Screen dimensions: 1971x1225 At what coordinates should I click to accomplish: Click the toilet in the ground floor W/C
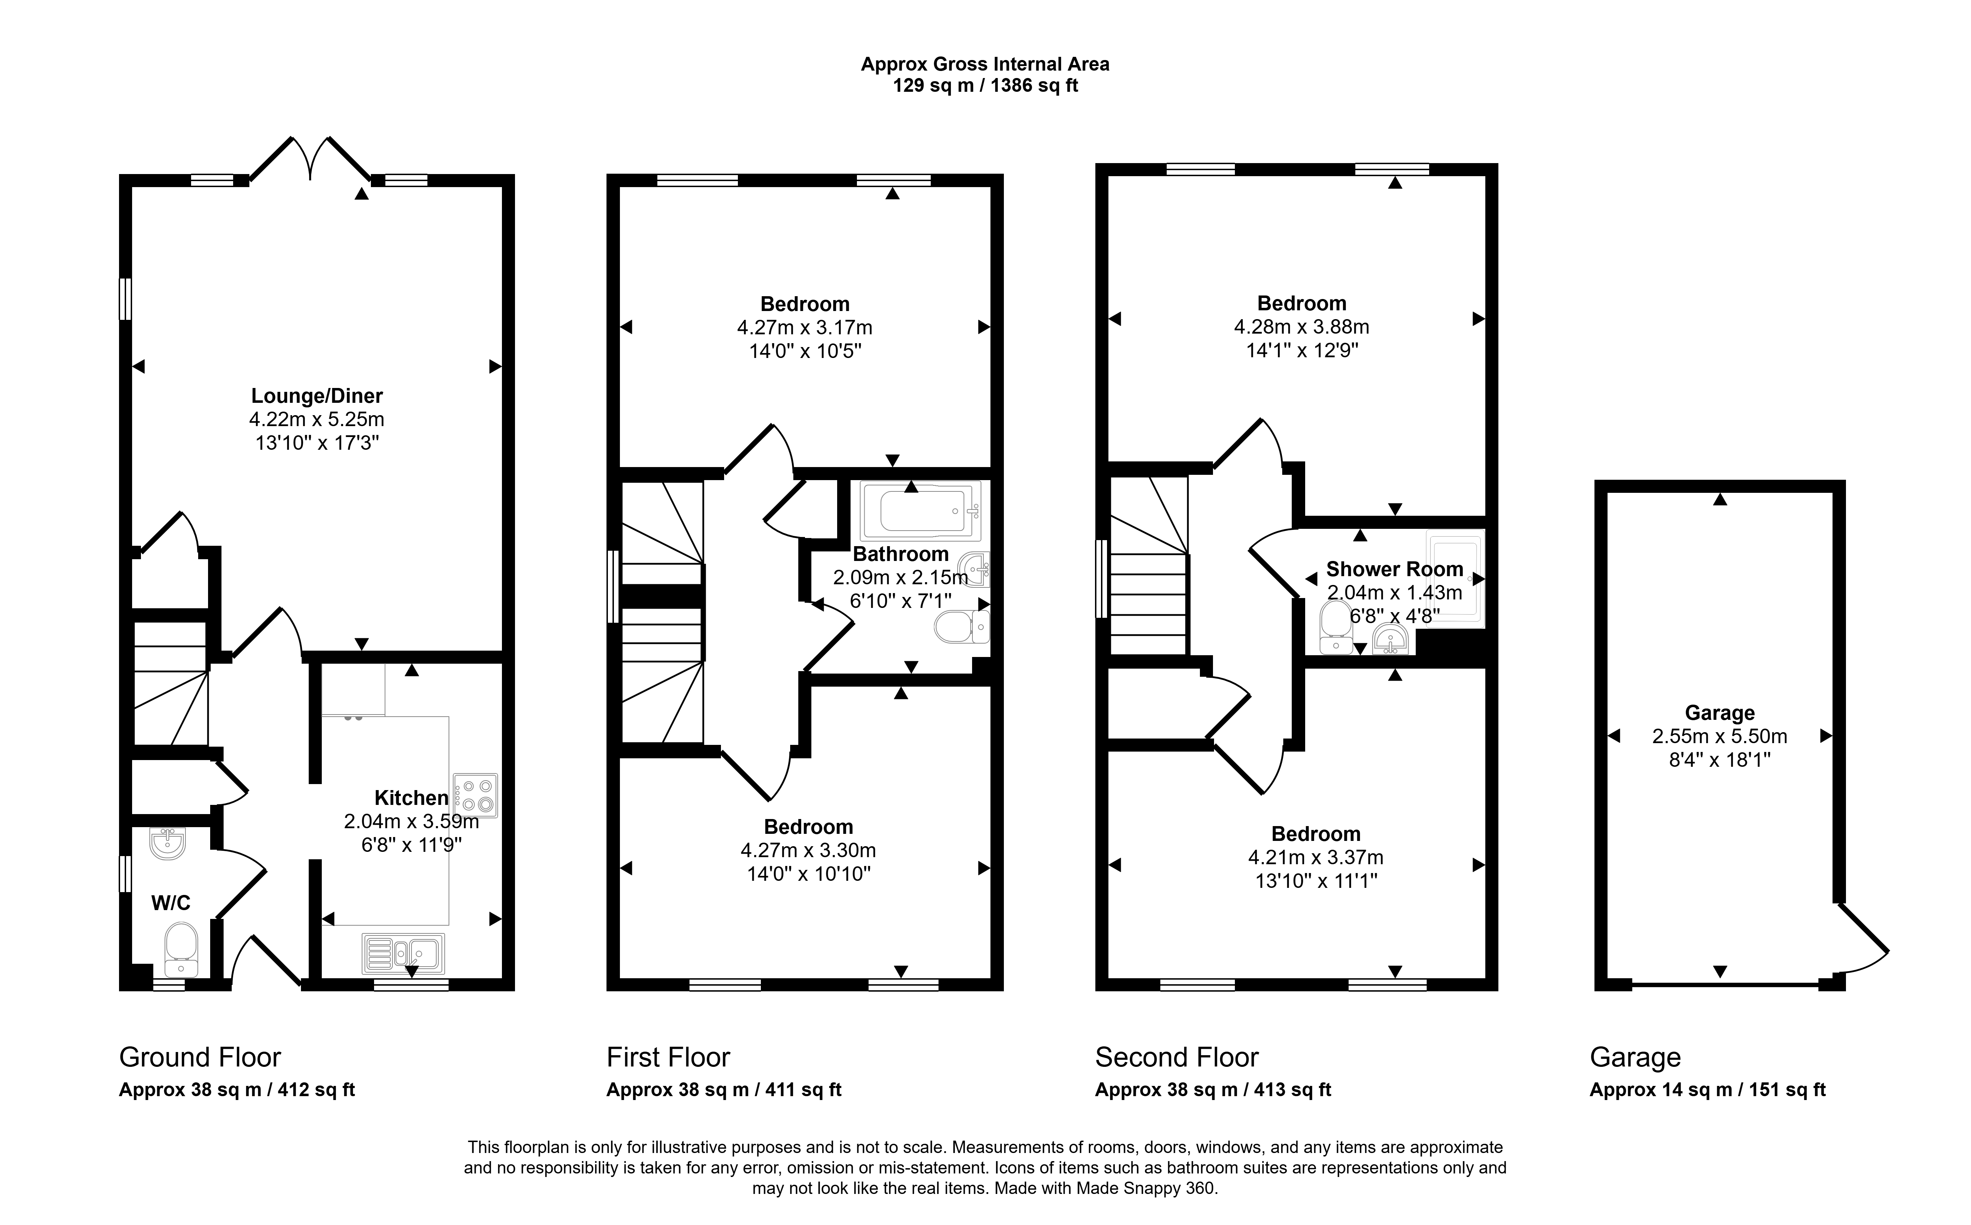click(181, 951)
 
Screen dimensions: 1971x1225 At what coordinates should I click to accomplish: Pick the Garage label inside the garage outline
click(1720, 713)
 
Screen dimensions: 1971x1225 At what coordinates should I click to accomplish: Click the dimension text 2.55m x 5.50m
click(1720, 736)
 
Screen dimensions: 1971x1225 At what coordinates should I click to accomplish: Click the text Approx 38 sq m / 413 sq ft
click(1213, 1090)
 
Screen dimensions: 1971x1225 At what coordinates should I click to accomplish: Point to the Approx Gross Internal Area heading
click(985, 64)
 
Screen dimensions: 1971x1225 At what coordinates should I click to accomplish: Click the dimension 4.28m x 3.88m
click(1302, 327)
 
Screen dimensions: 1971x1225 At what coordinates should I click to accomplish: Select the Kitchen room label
click(412, 798)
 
